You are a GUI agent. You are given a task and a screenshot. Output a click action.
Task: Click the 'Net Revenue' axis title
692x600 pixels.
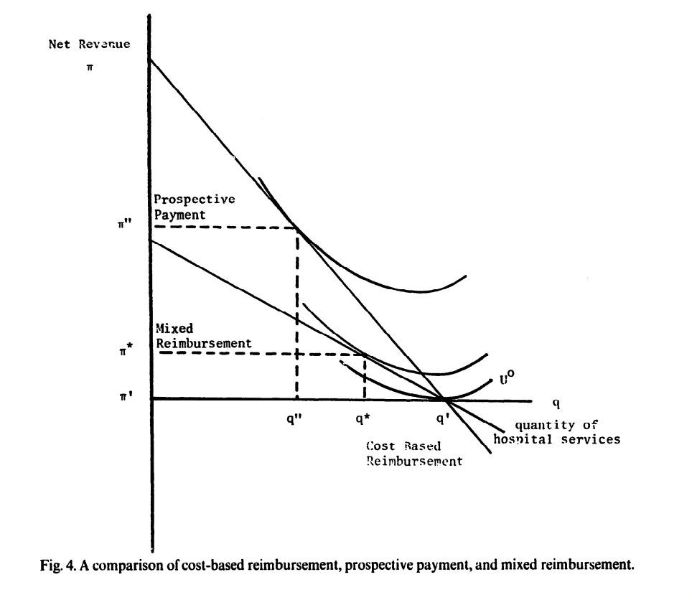pos(89,44)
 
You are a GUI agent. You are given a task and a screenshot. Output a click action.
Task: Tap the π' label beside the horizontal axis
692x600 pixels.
pos(126,395)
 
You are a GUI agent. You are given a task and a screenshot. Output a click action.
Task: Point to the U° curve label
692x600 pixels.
pos(507,378)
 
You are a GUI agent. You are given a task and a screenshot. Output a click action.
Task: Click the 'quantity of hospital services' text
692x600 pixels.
pos(556,432)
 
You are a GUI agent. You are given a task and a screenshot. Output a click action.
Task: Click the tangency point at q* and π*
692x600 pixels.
pos(365,354)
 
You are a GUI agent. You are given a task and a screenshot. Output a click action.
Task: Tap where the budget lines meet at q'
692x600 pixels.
pos(444,399)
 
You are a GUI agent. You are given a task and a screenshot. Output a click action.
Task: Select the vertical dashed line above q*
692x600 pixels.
pos(365,377)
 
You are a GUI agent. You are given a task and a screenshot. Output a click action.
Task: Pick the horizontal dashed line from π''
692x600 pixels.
pos(223,228)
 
